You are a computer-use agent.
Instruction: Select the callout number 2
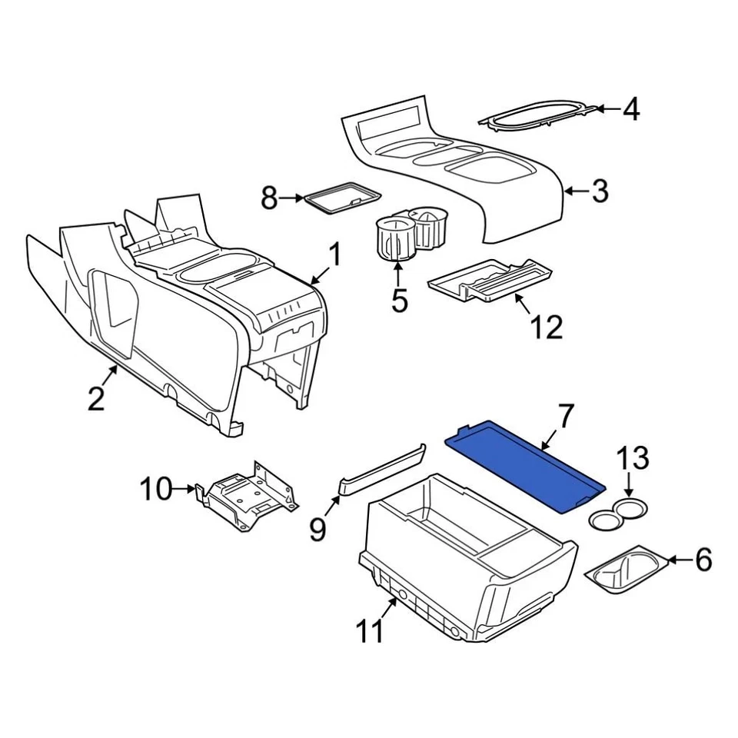click(95, 399)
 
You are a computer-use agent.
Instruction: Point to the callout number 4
click(630, 109)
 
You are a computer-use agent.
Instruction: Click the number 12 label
click(546, 326)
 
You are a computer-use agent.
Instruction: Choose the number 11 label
click(369, 632)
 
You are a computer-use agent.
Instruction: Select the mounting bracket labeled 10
click(246, 498)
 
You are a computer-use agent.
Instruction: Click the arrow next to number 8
click(292, 198)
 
